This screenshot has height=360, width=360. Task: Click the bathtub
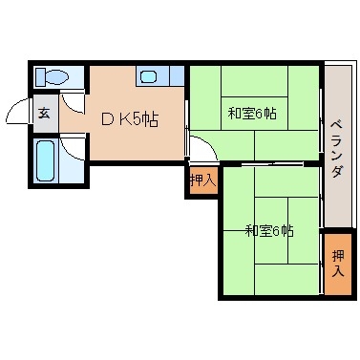tap(44, 159)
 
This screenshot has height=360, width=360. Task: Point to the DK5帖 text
tap(130, 120)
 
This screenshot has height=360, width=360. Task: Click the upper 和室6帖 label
tap(252, 114)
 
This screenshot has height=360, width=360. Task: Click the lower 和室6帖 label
tap(268, 230)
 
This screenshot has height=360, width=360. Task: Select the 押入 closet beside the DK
tap(201, 179)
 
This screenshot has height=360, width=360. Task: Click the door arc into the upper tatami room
tap(198, 148)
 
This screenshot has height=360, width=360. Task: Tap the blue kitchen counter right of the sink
tap(172, 76)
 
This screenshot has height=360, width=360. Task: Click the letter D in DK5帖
tap(108, 120)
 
